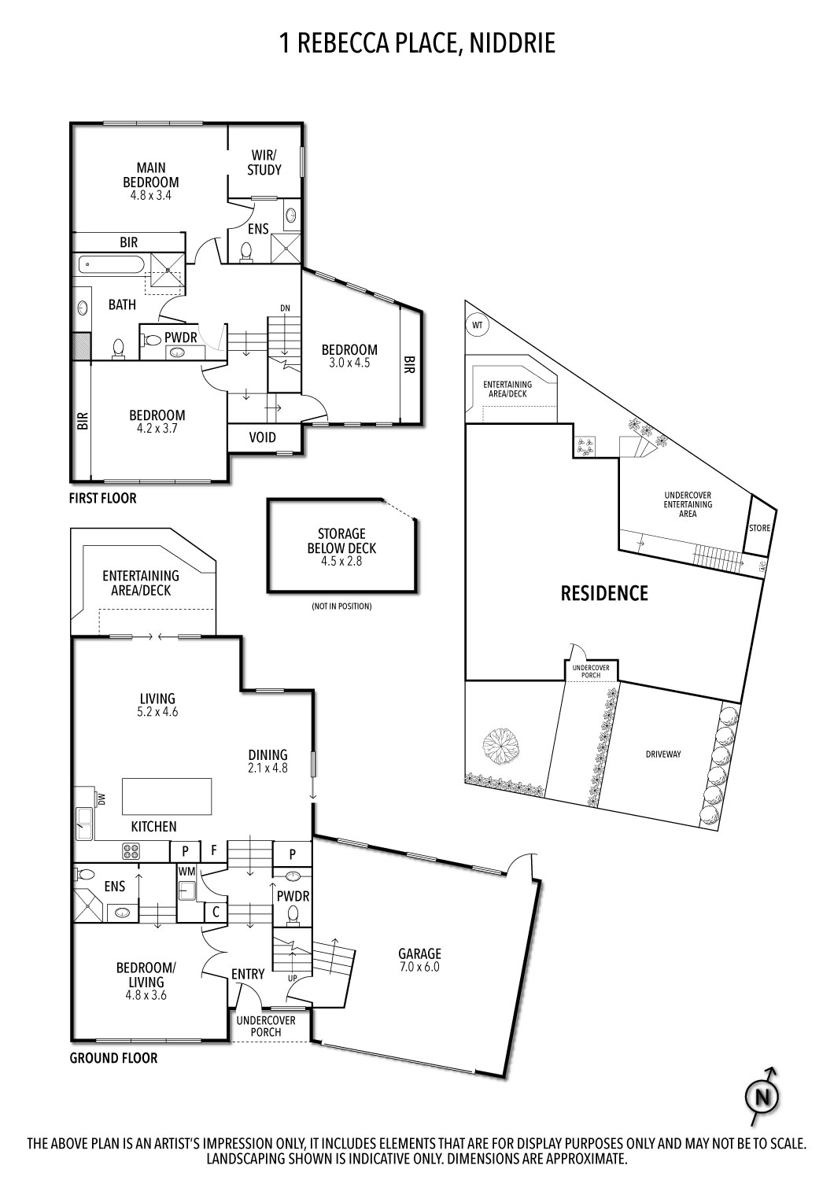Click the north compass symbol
point(761,1095)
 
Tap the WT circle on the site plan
point(477,324)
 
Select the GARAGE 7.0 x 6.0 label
point(419,960)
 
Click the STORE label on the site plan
point(759,528)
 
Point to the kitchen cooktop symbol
point(131,850)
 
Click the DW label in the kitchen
point(101,799)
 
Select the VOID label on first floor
point(262,437)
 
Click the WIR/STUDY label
point(264,162)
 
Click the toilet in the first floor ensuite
point(245,251)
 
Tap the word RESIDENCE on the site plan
point(603,593)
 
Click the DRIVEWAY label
point(662,754)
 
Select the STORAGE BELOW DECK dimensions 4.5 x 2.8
point(341,562)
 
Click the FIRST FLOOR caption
point(102,498)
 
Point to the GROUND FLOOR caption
point(113,1058)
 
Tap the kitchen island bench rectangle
point(167,798)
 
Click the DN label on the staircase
point(285,308)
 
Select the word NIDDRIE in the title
point(512,43)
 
